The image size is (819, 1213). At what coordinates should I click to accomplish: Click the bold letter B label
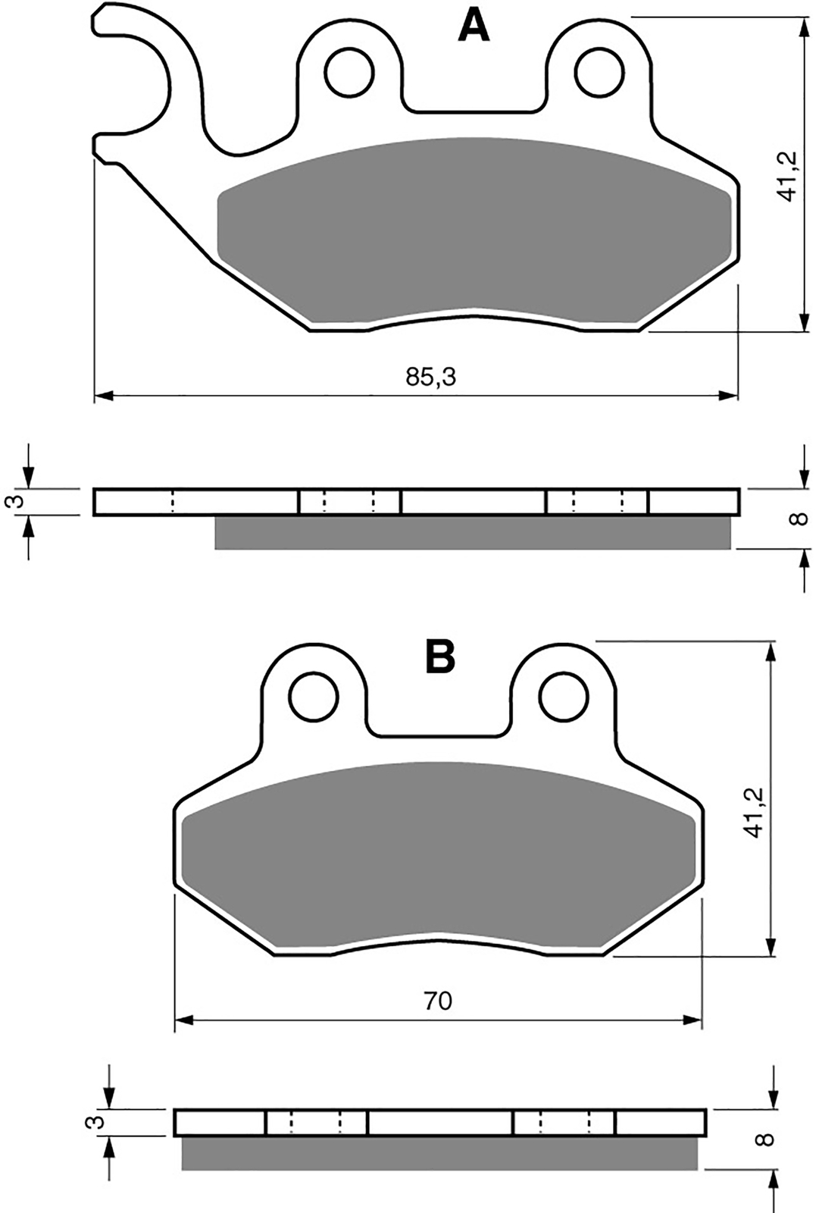click(x=440, y=657)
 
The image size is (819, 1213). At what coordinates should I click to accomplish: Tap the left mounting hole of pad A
click(x=350, y=73)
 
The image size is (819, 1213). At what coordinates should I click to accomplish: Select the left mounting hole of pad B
click(x=314, y=697)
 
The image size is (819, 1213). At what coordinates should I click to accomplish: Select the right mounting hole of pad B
click(x=564, y=697)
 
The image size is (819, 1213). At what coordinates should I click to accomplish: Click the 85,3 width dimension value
click(x=431, y=377)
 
